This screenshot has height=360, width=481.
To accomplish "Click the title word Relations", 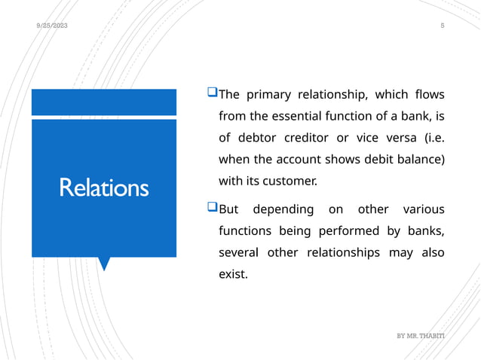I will pos(104,187).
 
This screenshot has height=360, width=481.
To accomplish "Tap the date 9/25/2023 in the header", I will pos(52,26).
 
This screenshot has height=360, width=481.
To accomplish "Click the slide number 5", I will pos(443,26).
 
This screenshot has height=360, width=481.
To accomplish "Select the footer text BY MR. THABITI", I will pos(421,332).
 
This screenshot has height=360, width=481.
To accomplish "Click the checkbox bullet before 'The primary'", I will pos(212,94).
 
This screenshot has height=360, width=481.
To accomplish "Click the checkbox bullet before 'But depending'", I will pos(212,207).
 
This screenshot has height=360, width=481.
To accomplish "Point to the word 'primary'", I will pos(271,95).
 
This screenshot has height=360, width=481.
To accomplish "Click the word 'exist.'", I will pos(232,274).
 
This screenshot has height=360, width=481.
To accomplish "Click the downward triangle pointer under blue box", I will pos(104,263).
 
